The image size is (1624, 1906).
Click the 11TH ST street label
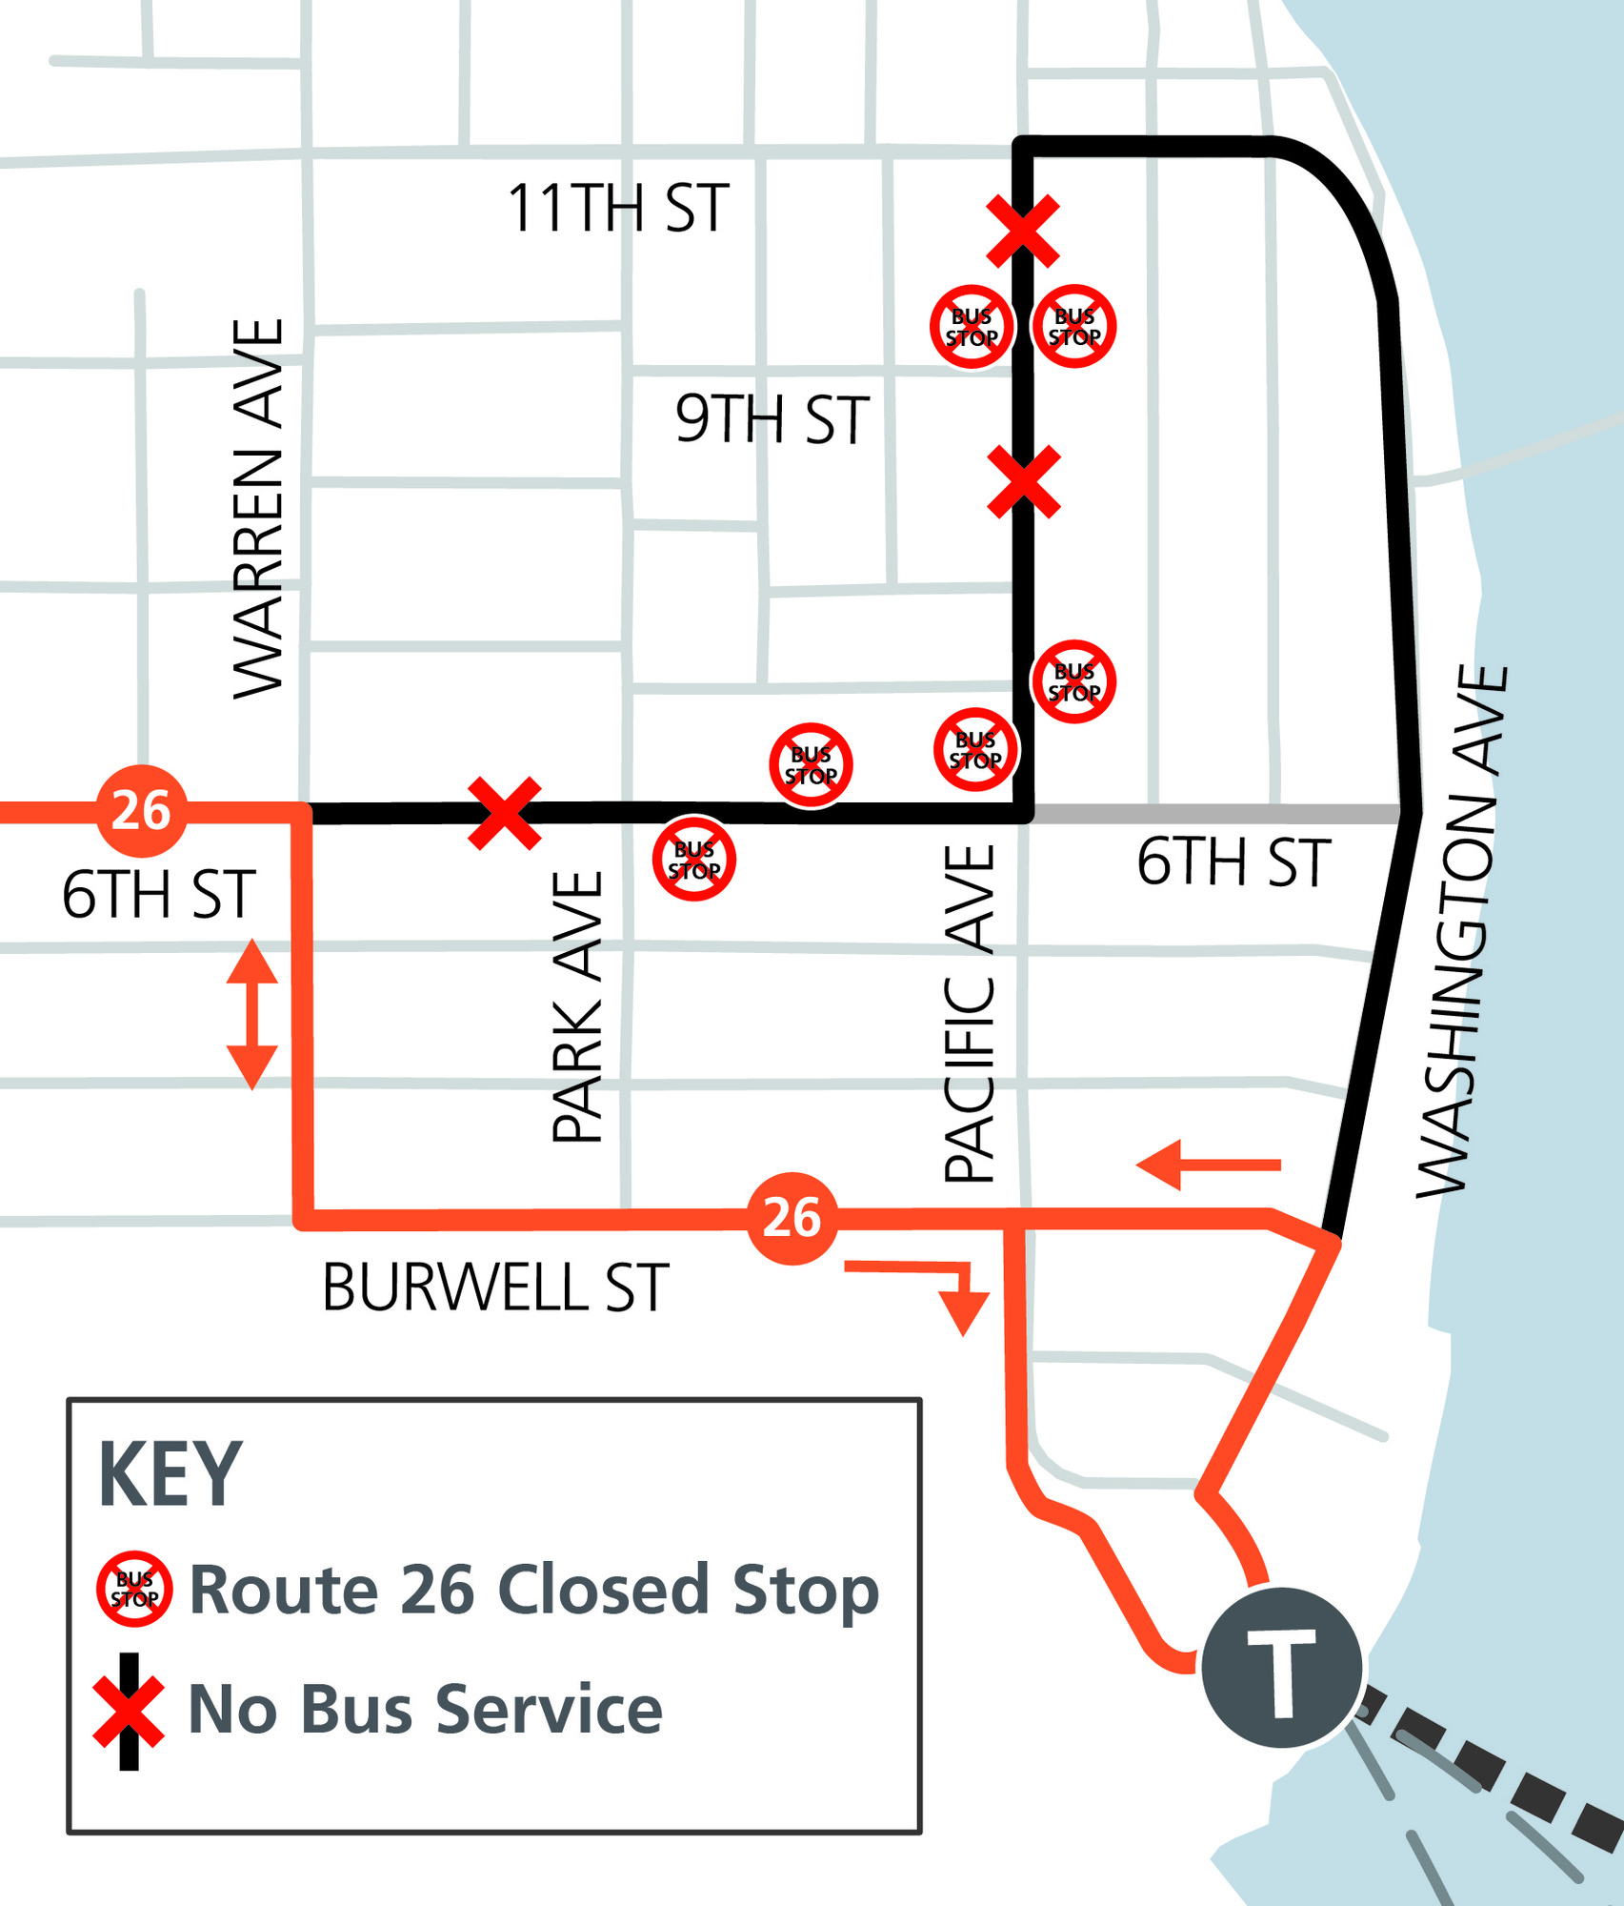(617, 209)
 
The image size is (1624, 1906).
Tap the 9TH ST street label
(772, 419)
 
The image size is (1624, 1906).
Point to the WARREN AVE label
(258, 509)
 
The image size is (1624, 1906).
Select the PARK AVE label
(578, 1006)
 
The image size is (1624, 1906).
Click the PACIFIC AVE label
(970, 1014)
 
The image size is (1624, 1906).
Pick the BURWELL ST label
(495, 1288)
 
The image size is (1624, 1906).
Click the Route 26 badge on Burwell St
(792, 1218)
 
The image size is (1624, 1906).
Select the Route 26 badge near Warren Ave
(141, 811)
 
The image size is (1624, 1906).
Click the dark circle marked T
(1281, 1667)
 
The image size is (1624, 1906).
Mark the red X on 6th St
(505, 813)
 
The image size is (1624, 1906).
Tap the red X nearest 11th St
(1023, 232)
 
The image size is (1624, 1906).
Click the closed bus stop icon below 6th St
(694, 859)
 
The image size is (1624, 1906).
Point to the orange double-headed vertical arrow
(252, 1014)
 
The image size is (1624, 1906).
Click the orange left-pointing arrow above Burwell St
(1208, 1165)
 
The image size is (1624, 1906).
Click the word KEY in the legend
(170, 1474)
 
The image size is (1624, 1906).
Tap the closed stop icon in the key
(134, 1589)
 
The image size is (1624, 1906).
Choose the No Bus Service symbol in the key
(130, 1711)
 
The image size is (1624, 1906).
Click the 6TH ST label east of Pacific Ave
(1233, 863)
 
